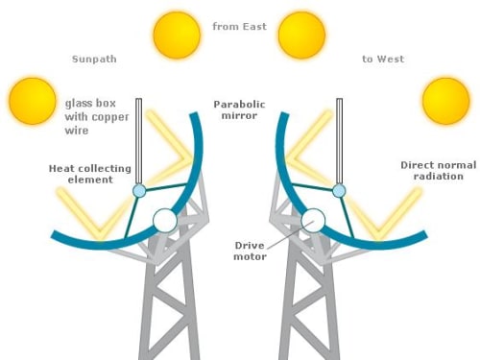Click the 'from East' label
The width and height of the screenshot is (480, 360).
pyautogui.click(x=239, y=26)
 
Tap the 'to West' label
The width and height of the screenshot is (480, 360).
pyautogui.click(x=383, y=59)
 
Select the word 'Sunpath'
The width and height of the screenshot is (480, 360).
pyautogui.click(x=94, y=60)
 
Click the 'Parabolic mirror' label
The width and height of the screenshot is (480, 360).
pyautogui.click(x=239, y=109)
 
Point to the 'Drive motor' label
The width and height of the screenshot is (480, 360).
pyautogui.click(x=250, y=251)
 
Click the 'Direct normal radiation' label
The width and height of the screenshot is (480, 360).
pyautogui.click(x=439, y=171)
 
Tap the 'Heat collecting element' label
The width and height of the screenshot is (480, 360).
pyautogui.click(x=90, y=174)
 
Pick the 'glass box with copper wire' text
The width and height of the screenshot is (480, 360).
pyautogui.click(x=97, y=117)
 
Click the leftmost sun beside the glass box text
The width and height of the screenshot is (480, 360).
pyautogui.click(x=33, y=101)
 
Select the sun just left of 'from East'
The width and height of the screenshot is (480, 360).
pyautogui.click(x=177, y=35)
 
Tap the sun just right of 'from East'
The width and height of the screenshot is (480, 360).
pyautogui.click(x=301, y=36)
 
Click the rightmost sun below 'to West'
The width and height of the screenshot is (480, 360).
pyautogui.click(x=446, y=101)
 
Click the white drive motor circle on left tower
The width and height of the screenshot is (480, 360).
pyautogui.click(x=165, y=221)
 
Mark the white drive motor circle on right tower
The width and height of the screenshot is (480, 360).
pyautogui.click(x=313, y=221)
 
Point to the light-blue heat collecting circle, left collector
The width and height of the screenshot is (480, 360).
pyautogui.click(x=139, y=191)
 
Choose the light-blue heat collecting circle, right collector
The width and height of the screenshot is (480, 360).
pyautogui.click(x=339, y=191)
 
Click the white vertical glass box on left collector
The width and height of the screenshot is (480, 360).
pyautogui.click(x=138, y=141)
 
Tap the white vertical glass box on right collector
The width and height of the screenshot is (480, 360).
pyautogui.click(x=340, y=141)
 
